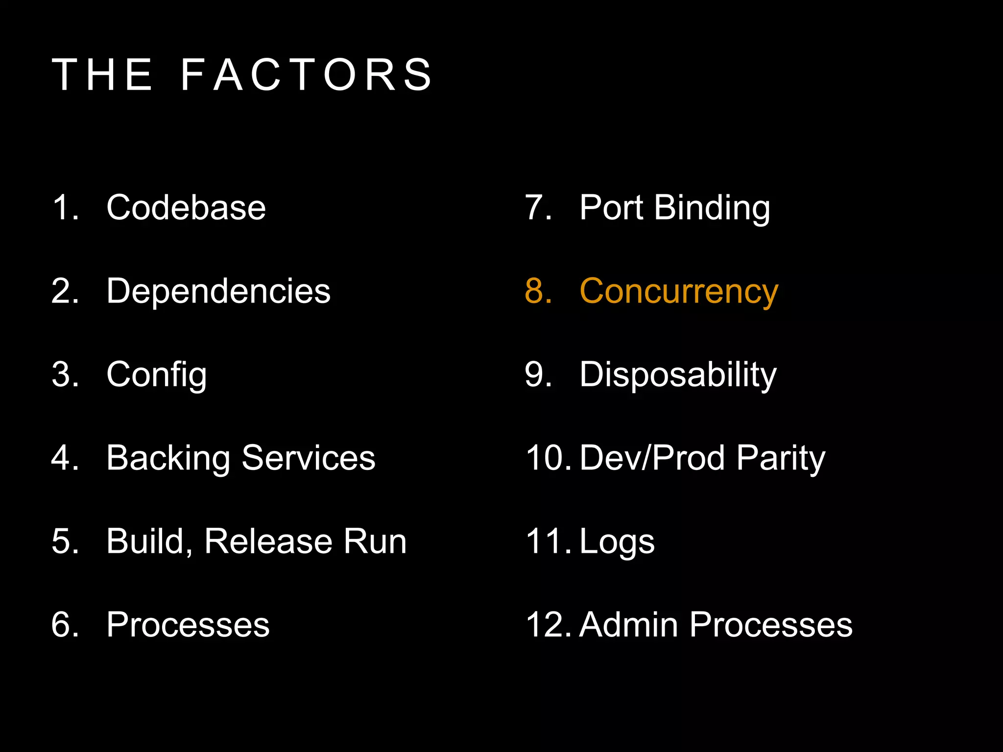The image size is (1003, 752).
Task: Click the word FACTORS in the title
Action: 307,74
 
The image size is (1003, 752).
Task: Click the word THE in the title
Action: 103,74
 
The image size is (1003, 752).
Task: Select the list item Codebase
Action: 186,208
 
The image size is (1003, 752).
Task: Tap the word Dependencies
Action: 218,291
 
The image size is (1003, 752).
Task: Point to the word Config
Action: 157,375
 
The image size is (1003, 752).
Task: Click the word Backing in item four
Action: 168,459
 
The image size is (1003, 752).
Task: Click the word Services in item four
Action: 309,458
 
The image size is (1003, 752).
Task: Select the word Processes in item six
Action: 188,625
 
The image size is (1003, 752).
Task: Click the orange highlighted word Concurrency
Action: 678,292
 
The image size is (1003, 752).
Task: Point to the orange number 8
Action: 535,291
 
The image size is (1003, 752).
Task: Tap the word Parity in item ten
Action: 781,459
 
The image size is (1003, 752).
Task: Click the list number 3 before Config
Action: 62,375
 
